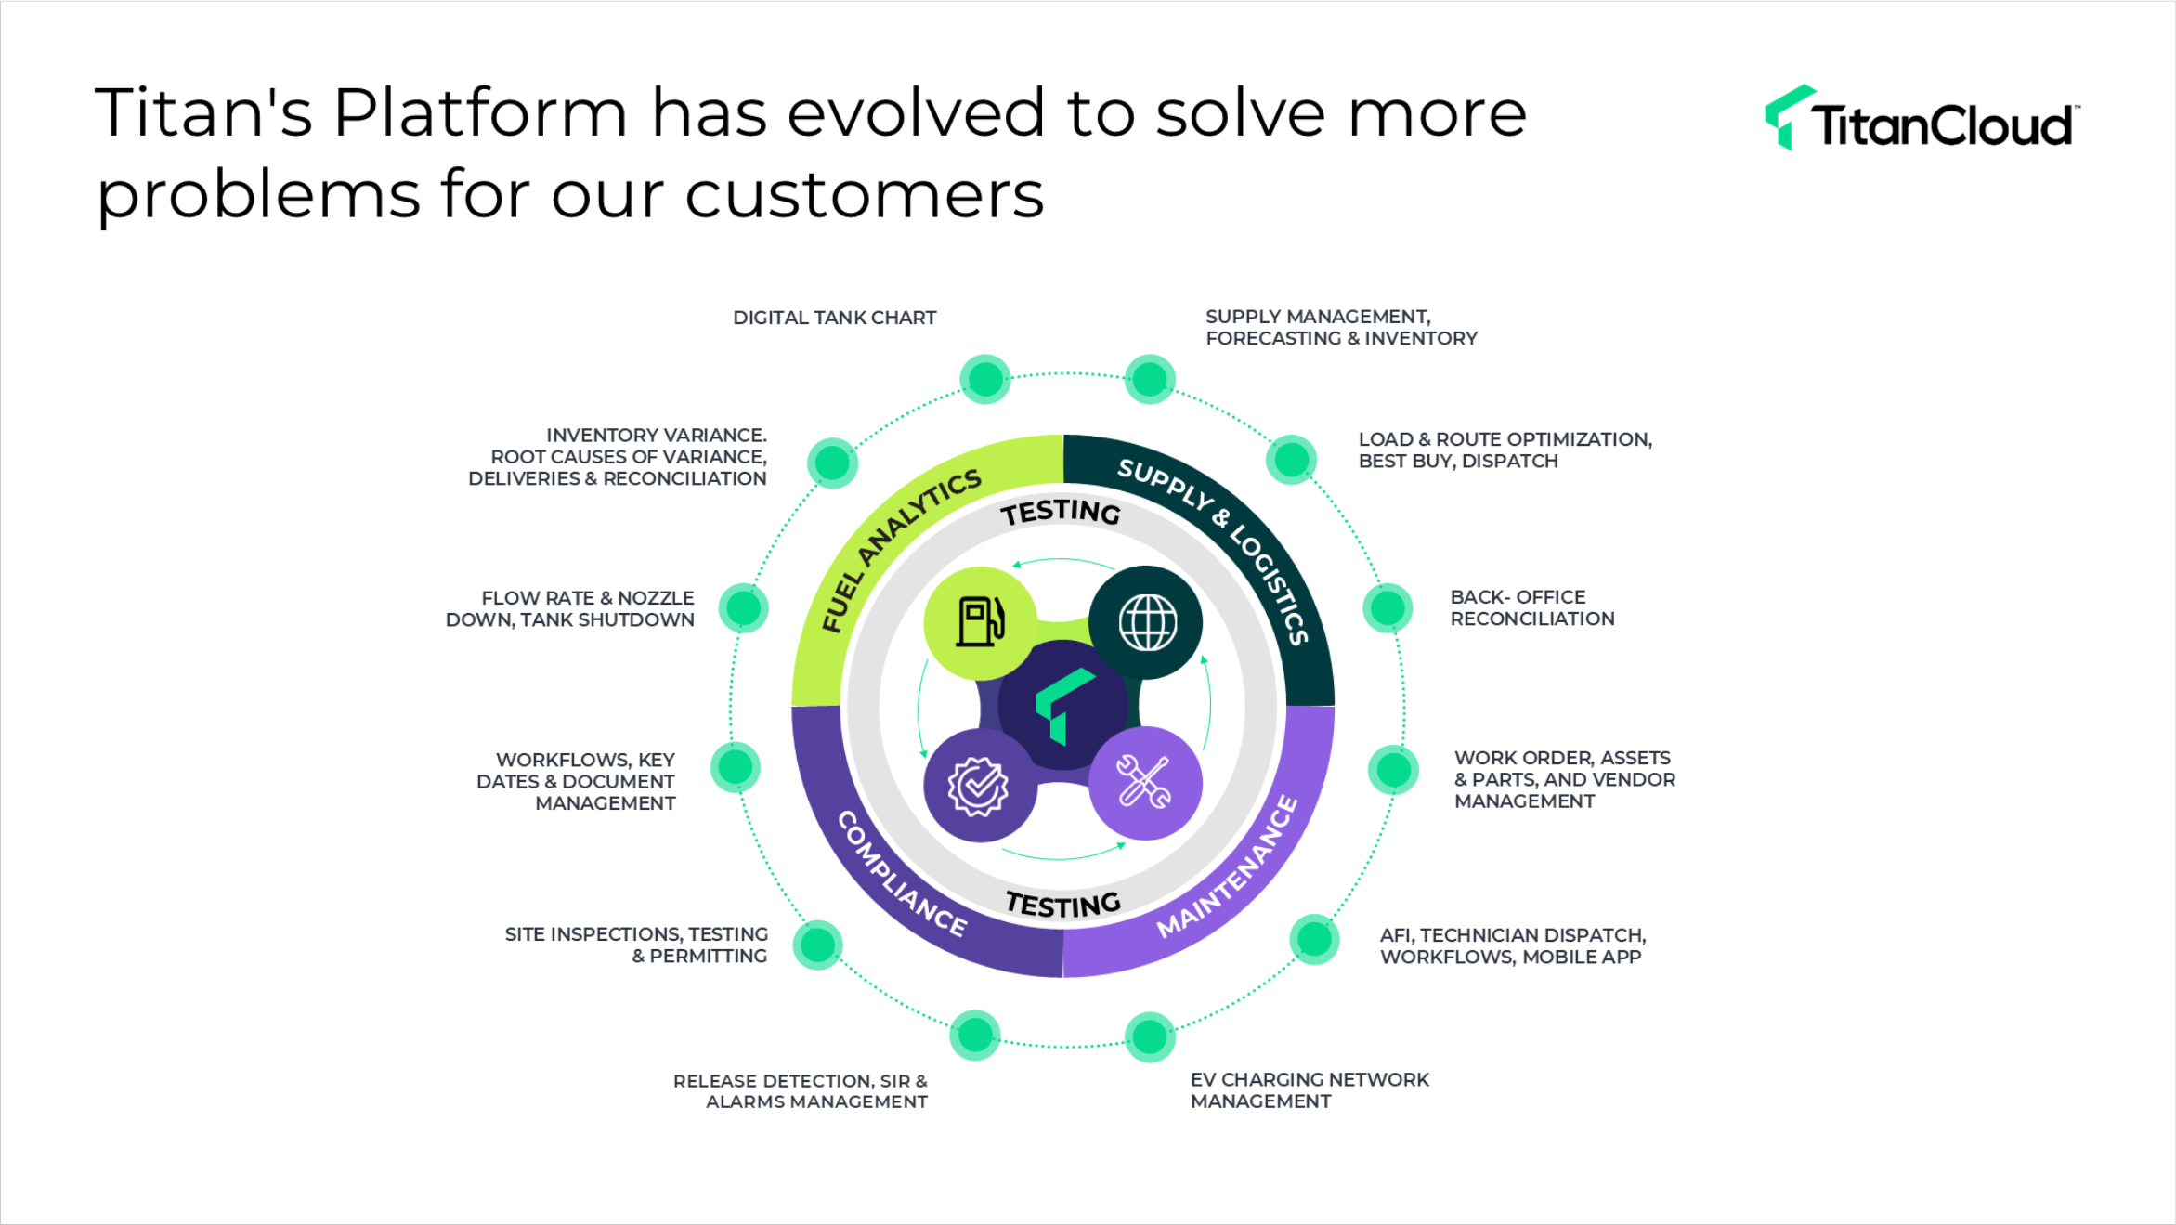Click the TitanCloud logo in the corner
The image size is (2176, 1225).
point(1922,118)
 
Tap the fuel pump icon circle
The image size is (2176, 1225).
point(981,622)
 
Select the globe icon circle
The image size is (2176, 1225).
point(1146,622)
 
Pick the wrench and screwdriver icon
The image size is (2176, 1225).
point(1144,783)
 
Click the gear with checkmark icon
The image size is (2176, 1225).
point(978,786)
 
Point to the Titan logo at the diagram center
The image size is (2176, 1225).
point(1063,705)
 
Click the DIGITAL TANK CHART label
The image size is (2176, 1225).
point(835,318)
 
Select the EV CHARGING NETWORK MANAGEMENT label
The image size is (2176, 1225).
point(1310,1090)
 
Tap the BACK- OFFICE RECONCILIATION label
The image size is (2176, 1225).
point(1532,608)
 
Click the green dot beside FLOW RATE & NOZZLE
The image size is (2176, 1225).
point(744,608)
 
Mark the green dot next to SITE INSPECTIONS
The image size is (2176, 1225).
point(817,945)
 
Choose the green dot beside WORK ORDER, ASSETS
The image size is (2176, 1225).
point(1393,770)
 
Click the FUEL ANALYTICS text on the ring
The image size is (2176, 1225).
point(897,549)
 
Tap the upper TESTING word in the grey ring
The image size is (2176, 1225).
point(1061,512)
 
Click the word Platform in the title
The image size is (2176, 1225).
point(481,113)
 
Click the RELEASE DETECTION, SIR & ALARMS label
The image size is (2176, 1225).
point(801,1091)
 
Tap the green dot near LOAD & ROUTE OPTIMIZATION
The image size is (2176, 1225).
point(1291,459)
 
